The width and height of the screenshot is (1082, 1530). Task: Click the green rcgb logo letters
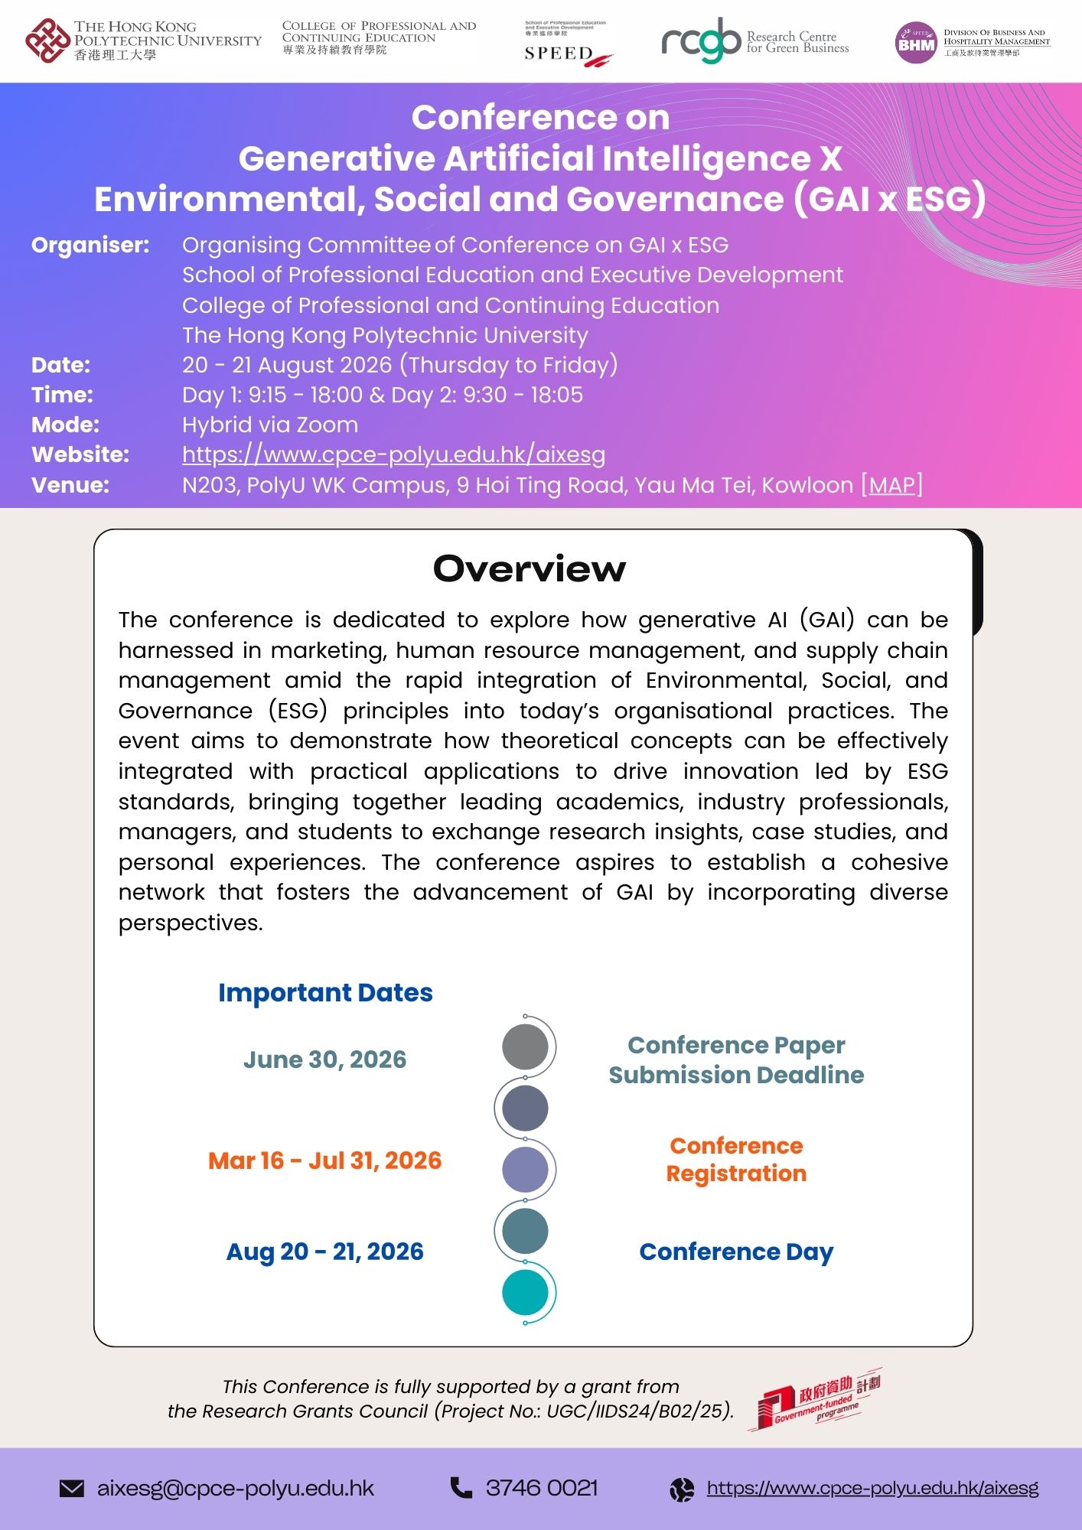click(x=701, y=41)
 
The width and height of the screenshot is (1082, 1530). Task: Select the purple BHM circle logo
click(x=916, y=43)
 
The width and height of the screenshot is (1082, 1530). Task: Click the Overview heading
click(x=530, y=568)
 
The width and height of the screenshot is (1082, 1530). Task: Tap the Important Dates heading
click(x=325, y=992)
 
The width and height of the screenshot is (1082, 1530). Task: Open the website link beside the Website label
click(x=393, y=454)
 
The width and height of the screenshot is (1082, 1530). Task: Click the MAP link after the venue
click(x=892, y=485)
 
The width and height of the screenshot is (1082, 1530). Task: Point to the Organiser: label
click(x=90, y=245)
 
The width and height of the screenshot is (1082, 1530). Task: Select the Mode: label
click(x=65, y=425)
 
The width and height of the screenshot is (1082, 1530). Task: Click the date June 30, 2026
click(x=324, y=1060)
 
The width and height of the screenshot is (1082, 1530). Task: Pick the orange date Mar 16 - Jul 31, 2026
click(x=324, y=1161)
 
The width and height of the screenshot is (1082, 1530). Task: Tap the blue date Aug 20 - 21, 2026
click(x=324, y=1252)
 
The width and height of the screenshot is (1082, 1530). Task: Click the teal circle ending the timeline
click(x=525, y=1293)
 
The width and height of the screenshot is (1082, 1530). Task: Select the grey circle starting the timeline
click(x=525, y=1047)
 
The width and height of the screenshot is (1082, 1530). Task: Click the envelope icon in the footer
click(x=72, y=1488)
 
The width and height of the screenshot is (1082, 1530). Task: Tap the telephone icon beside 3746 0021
click(x=461, y=1487)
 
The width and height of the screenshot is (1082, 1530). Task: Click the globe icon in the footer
click(x=681, y=1489)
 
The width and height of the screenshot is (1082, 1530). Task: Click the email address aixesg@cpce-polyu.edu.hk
click(x=236, y=1488)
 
